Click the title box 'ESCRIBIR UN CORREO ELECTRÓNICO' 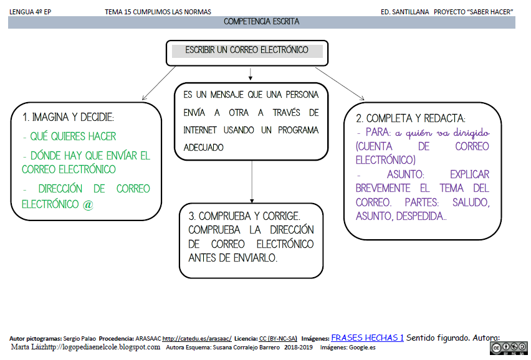click(247, 50)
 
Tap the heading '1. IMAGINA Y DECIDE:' click(69, 117)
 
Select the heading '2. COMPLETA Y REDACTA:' click(411, 118)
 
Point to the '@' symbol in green click(87, 204)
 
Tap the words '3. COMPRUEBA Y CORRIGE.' click(244, 216)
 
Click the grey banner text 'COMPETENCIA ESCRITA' click(261, 22)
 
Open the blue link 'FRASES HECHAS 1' click(367, 338)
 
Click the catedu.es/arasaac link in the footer click(197, 338)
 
